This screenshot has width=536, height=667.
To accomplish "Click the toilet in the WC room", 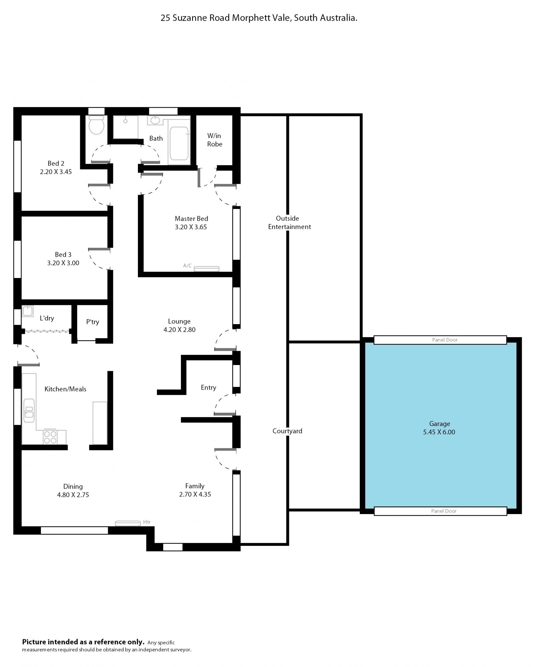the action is [97, 125].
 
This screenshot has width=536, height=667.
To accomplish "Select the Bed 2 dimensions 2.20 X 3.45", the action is [56, 172].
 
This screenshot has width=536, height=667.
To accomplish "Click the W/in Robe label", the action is [214, 140].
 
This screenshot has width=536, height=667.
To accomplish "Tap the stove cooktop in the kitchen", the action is [50, 437].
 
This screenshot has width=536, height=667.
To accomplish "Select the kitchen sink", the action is [29, 411].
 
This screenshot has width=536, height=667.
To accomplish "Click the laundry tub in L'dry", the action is [28, 311].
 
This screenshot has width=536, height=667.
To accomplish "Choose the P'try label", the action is [92, 322].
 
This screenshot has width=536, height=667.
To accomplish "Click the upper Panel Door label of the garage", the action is [445, 340].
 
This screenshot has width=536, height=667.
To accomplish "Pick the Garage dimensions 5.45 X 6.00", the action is [439, 432].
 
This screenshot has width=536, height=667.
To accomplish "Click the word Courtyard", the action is [287, 431].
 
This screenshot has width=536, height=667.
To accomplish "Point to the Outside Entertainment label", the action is [289, 222].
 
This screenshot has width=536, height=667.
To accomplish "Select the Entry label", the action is [208, 388].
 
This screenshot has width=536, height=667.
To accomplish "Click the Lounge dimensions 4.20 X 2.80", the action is [180, 330].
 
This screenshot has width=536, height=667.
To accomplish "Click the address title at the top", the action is [259, 18].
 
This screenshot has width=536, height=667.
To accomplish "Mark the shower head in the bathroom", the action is [125, 121].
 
